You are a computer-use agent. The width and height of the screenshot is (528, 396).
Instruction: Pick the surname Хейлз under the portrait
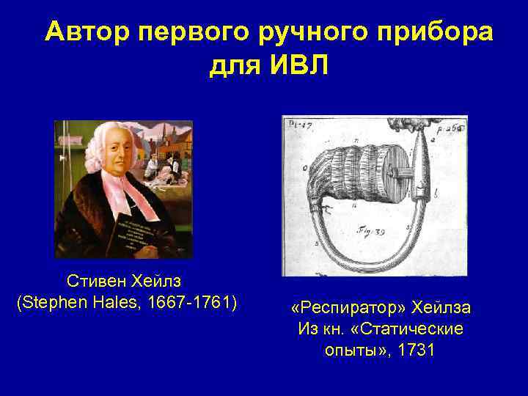point(155,281)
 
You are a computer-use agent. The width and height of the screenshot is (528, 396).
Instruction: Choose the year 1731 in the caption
point(417,350)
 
